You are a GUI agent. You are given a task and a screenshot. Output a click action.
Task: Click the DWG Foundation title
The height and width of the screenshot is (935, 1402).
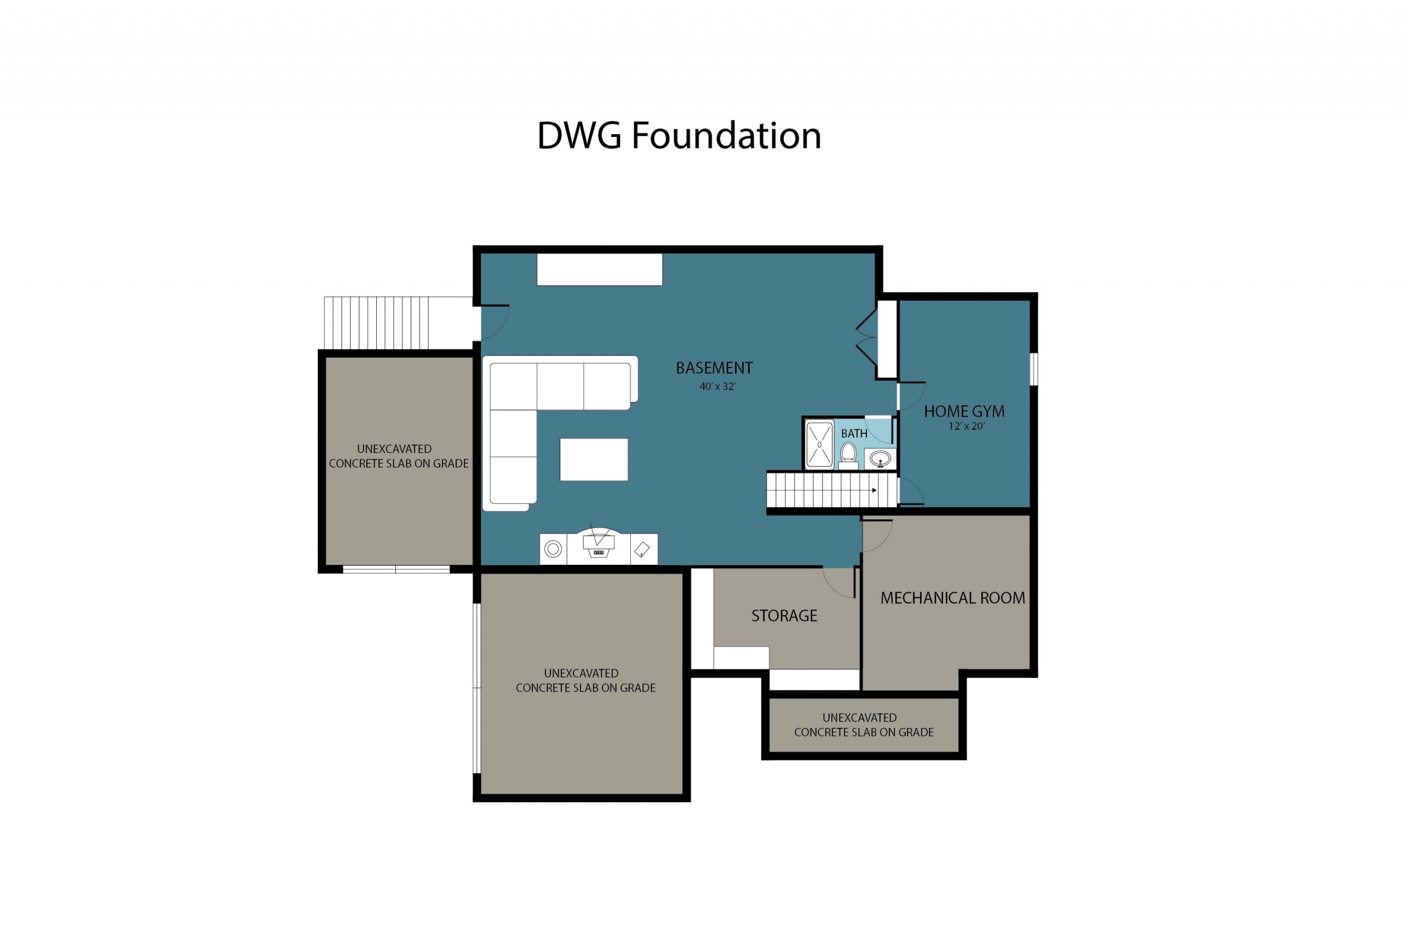point(679,136)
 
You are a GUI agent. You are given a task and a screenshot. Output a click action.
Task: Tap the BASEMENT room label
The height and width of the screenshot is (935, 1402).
point(714,368)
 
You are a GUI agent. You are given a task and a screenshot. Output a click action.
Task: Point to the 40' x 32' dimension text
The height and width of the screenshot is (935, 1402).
point(717,386)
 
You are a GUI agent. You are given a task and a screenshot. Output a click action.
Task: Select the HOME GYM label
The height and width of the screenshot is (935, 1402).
point(964,411)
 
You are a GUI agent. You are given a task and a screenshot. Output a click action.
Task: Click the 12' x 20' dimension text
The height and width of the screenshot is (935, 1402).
point(966,426)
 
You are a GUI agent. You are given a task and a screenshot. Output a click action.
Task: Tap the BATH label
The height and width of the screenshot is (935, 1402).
point(854,433)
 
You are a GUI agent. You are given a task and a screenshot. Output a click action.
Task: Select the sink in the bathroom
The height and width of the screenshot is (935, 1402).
point(880,459)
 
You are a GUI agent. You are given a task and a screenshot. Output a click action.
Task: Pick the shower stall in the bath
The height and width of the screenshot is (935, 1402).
point(819,444)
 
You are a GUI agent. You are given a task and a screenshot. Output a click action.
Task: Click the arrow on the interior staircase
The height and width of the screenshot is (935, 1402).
point(874,490)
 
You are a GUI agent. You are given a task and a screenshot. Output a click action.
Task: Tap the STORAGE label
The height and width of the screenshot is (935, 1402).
point(784,616)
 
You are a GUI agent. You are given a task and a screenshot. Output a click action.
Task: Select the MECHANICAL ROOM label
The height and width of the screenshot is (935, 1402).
point(952,598)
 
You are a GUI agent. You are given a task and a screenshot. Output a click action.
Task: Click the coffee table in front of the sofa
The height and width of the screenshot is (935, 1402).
point(594,459)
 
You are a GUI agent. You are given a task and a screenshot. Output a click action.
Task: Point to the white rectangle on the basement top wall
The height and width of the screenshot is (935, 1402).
point(599,269)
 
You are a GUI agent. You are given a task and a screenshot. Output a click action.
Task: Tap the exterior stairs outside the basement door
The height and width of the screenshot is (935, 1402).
point(377,322)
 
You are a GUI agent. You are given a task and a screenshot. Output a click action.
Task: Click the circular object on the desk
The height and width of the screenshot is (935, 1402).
point(553,549)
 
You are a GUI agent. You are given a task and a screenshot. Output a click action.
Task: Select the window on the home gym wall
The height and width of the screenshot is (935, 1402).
point(1033,369)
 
